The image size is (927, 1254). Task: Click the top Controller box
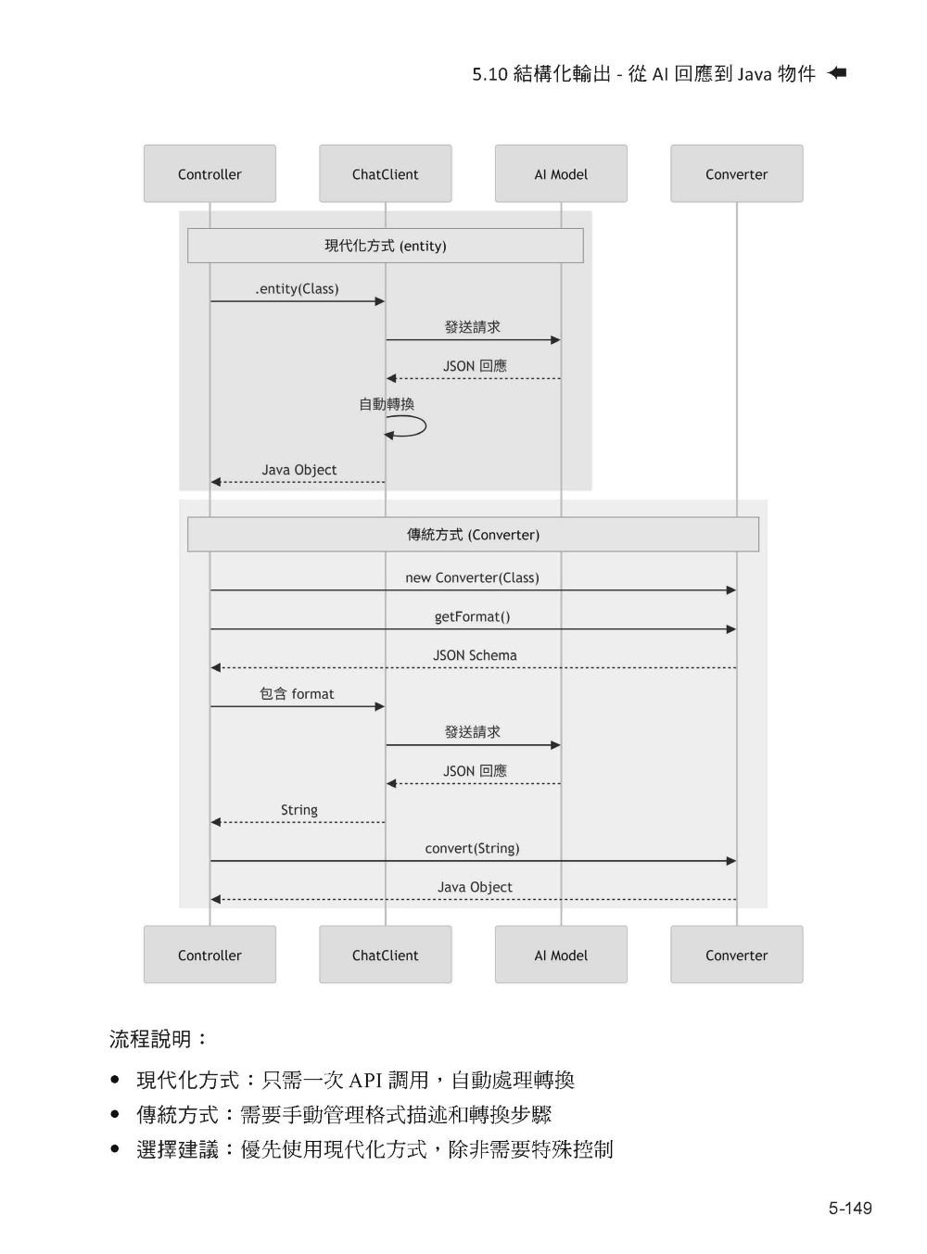pyautogui.click(x=210, y=174)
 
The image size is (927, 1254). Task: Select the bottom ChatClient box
pyautogui.click(x=385, y=955)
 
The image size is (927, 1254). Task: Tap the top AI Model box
pyautogui.click(x=561, y=174)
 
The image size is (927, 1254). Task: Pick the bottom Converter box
pyautogui.click(x=736, y=955)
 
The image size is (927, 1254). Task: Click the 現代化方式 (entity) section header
pyautogui.click(x=385, y=246)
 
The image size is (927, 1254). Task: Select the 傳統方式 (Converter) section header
pyautogui.click(x=473, y=535)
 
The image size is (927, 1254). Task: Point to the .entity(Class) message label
pyautogui.click(x=297, y=289)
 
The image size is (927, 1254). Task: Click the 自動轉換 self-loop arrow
pyautogui.click(x=408, y=427)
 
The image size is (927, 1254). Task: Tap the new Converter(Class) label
pyautogui.click(x=472, y=577)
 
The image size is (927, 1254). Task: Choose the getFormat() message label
pyautogui.click(x=472, y=616)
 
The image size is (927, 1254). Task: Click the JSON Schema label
pyautogui.click(x=475, y=655)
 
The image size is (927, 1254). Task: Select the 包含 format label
pyautogui.click(x=297, y=694)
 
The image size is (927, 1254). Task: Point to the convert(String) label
pyautogui.click(x=472, y=848)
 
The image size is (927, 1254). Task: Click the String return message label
pyautogui.click(x=299, y=810)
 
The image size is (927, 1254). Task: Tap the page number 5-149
pyautogui.click(x=850, y=1208)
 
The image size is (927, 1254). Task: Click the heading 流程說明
pyautogui.click(x=159, y=1039)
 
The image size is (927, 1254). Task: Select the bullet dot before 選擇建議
pyautogui.click(x=115, y=1149)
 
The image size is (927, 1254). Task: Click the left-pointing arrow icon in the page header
pyautogui.click(x=837, y=73)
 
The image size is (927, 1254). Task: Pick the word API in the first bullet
pyautogui.click(x=366, y=1080)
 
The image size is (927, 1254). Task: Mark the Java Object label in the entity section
pyautogui.click(x=298, y=470)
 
